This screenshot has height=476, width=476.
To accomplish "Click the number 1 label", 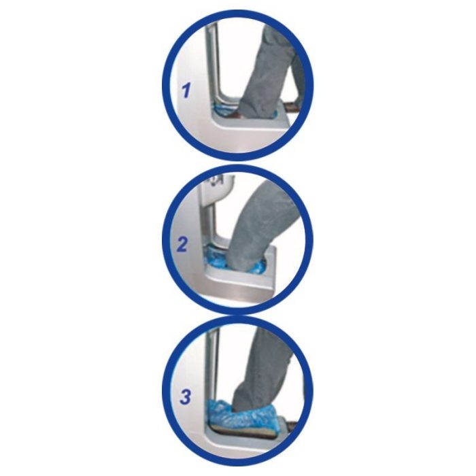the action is [x=186, y=90].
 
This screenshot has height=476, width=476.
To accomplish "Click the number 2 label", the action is [x=182, y=245].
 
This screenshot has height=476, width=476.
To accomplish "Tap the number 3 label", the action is [x=185, y=397].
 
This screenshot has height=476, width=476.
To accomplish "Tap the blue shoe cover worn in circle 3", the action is [x=243, y=414].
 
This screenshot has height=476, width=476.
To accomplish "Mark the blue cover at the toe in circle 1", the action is [x=221, y=109].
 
